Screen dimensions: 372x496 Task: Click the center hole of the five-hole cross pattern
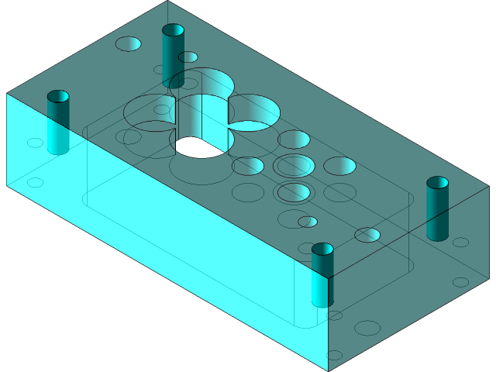(x=294, y=165)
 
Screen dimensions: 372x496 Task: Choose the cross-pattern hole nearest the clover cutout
(x=294, y=139)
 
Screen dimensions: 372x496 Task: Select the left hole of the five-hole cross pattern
(x=248, y=165)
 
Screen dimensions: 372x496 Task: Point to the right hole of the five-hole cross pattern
(x=339, y=165)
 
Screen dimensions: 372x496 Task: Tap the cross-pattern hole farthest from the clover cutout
(x=294, y=191)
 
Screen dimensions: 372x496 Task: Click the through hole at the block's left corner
(x=57, y=97)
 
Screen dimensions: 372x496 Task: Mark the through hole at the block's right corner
(x=437, y=183)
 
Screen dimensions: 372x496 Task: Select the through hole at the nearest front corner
(x=322, y=250)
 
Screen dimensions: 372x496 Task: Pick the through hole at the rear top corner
(x=173, y=30)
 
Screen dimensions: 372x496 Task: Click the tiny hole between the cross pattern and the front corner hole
(x=308, y=222)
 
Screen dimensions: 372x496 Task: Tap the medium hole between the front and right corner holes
(x=367, y=234)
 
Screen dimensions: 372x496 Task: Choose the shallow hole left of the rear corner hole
(x=128, y=43)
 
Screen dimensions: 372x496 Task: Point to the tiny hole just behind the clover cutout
(x=188, y=57)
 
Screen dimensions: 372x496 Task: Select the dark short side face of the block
(x=411, y=287)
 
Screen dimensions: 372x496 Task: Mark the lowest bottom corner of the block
(x=329, y=370)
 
